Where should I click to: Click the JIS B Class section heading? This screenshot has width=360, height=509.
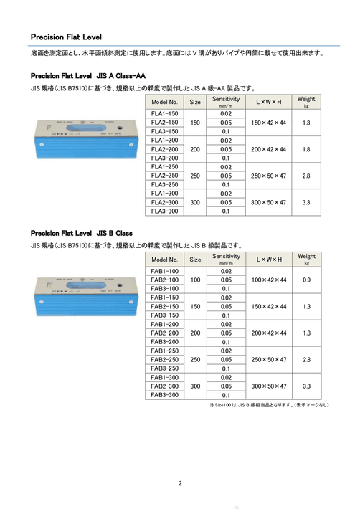[x=81, y=233]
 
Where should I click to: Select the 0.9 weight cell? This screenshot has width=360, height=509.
[x=306, y=280]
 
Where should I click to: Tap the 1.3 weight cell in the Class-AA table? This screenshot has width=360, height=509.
[x=306, y=123]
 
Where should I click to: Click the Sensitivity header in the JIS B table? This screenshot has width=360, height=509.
[x=226, y=259]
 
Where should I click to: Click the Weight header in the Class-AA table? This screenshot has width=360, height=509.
[x=306, y=101]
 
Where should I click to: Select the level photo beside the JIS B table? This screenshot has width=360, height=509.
[x=85, y=310]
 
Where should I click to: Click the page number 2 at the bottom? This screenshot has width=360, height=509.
[x=180, y=482]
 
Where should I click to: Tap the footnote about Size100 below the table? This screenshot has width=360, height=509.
[x=269, y=405]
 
